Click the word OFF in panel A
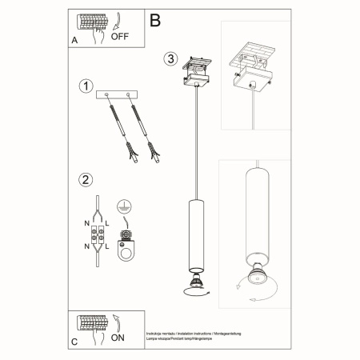119,36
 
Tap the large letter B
155,18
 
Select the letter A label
74,39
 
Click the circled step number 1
84,86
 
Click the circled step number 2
84,180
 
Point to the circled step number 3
170,59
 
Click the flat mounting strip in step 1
117,95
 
